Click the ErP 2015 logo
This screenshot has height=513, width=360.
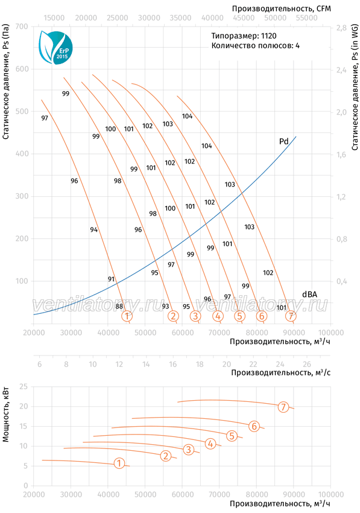click(55, 48)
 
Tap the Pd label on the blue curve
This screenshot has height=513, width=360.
click(283, 141)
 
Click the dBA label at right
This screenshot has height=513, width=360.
click(309, 294)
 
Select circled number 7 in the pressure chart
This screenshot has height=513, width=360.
click(291, 316)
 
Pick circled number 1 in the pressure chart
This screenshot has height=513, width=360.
click(127, 316)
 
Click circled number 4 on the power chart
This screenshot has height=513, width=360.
click(210, 444)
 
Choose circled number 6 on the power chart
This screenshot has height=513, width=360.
click(254, 426)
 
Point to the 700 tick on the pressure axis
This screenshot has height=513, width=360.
click(22, 27)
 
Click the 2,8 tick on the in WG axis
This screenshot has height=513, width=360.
click(342, 28)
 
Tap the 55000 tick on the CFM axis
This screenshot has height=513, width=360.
click(306, 18)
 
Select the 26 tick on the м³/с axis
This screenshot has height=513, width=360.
click(307, 364)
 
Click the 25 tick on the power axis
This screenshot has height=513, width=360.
click(24, 387)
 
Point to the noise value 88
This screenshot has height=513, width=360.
click(119, 307)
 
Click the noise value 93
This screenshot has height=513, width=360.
click(165, 306)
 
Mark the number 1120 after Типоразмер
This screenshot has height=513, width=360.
click(268, 36)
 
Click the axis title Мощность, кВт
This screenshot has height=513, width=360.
click(5, 415)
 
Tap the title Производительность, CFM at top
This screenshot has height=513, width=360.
click(281, 8)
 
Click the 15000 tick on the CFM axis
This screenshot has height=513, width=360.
click(54, 18)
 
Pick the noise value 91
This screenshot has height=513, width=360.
click(111, 279)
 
